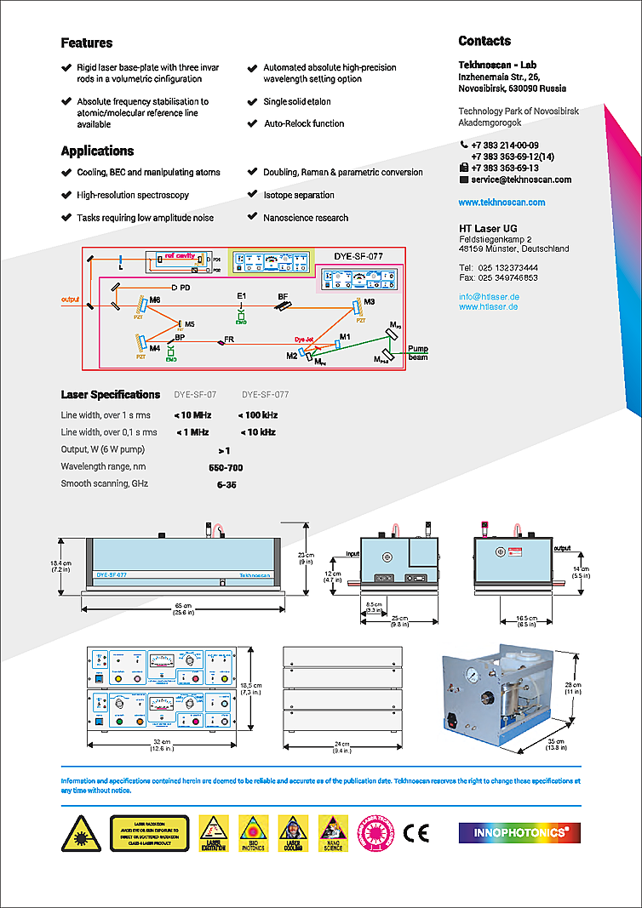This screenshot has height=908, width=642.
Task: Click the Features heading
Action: pyautogui.click(x=87, y=43)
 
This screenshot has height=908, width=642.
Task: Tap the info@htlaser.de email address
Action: pyautogui.click(x=489, y=296)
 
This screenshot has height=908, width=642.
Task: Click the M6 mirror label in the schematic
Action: pyautogui.click(x=154, y=301)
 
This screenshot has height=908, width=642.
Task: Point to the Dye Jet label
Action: pyautogui.click(x=306, y=339)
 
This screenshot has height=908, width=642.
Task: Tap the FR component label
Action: pyautogui.click(x=229, y=340)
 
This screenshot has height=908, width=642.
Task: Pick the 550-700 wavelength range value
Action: pyautogui.click(x=226, y=467)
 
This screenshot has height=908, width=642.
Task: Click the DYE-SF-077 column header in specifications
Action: pyautogui.click(x=265, y=395)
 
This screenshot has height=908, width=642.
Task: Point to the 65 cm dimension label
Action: pyautogui.click(x=180, y=605)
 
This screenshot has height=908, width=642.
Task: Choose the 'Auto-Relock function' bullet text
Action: pyautogui.click(x=303, y=123)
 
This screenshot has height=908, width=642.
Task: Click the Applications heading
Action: pyautogui.click(x=97, y=151)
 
